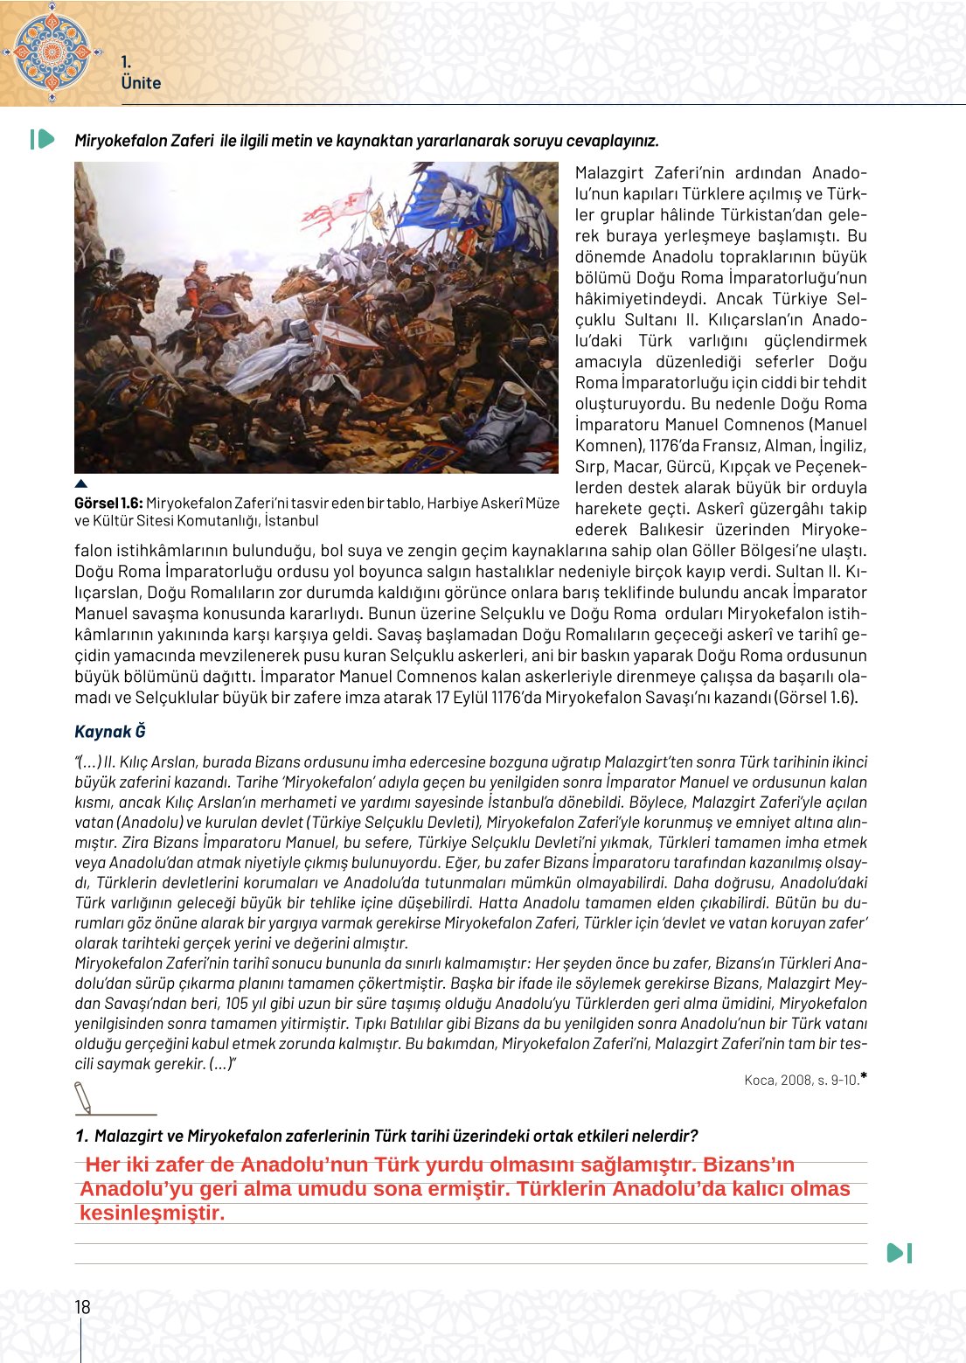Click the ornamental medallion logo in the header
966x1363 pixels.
[52, 52]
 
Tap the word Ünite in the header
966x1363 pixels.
[141, 83]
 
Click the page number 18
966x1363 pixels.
[82, 1307]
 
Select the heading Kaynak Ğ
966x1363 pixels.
[110, 732]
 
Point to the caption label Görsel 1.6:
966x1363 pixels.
[108, 503]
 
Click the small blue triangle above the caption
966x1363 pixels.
[81, 483]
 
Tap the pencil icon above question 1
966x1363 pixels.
[84, 1097]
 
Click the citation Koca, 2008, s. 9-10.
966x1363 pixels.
[802, 1081]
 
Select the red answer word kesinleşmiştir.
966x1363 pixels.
[152, 1213]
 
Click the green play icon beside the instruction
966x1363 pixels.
[43, 139]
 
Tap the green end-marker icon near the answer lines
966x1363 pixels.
[900, 1253]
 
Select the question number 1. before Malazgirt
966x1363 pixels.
[81, 1137]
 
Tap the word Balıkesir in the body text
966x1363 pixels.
[671, 530]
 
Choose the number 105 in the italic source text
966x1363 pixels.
[236, 1004]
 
